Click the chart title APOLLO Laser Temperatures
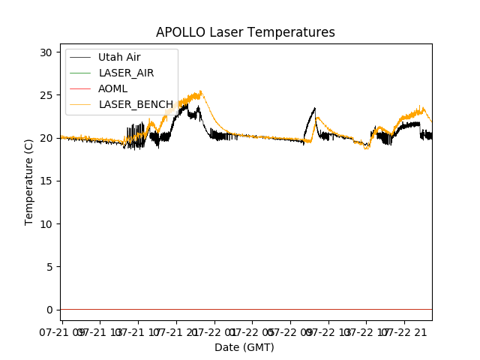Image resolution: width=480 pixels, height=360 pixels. [x=245, y=32]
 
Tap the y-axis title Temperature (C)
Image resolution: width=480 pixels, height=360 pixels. [x=29, y=181]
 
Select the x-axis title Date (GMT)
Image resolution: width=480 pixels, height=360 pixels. [x=244, y=347]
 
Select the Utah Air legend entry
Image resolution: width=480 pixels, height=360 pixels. [x=119, y=57]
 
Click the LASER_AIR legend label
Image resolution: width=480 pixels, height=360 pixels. [x=126, y=73]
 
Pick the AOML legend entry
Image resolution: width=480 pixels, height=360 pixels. [x=113, y=88]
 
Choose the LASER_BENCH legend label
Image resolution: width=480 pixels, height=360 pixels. [x=136, y=104]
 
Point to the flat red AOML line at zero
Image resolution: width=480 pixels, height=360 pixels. [x=247, y=309]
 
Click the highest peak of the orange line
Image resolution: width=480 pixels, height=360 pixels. [x=200, y=91]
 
